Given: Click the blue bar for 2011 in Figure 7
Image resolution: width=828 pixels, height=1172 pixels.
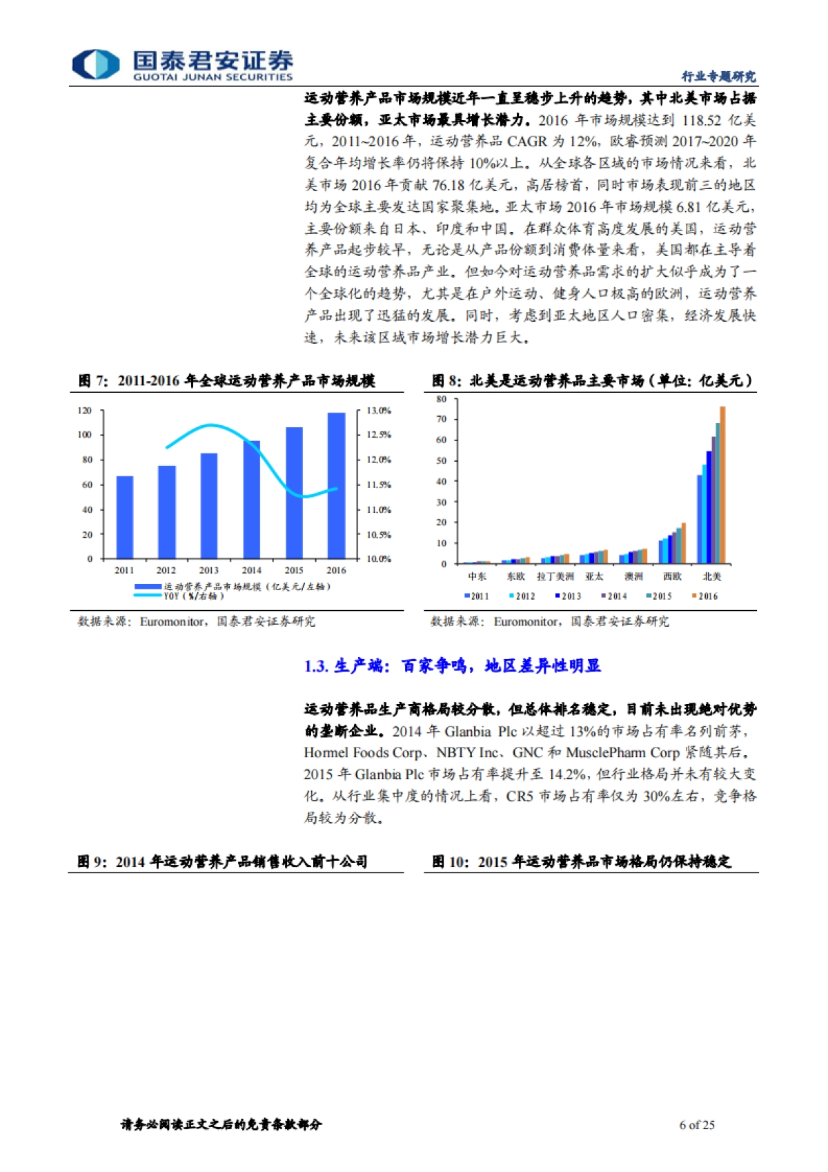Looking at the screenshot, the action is coord(124,517).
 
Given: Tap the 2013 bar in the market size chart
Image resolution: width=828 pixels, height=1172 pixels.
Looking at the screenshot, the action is coord(209,505).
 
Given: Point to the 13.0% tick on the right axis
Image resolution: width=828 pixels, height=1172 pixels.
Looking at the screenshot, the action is coord(378,411).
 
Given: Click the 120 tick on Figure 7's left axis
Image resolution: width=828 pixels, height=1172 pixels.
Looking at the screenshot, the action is coord(84,411).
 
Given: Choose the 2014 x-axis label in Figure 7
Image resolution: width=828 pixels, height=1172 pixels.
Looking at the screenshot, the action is coord(251,570).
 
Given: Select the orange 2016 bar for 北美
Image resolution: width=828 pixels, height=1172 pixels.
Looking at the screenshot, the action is coord(722,485).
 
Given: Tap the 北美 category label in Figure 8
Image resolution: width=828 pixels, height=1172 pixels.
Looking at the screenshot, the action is coord(711,577).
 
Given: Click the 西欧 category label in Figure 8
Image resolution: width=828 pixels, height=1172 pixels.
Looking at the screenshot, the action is coord(672,577).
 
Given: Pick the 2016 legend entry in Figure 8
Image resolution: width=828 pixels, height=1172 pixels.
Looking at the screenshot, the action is coord(705,596).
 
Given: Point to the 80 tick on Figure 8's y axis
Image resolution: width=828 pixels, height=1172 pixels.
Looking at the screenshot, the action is coord(442,399).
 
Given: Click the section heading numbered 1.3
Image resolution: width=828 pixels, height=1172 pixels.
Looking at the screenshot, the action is coord(452,666).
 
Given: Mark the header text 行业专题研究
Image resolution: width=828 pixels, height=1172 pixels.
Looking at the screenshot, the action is coord(718,77).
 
